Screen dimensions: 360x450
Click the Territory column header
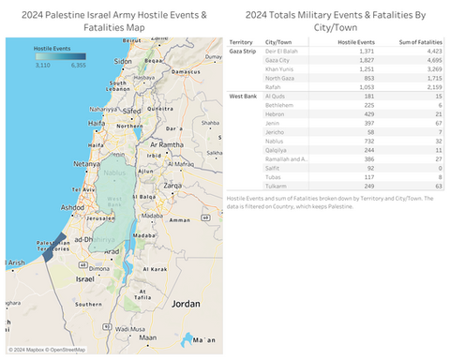point(243,43)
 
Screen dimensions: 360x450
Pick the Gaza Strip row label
point(245,52)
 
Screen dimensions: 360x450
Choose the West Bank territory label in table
point(243,96)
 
